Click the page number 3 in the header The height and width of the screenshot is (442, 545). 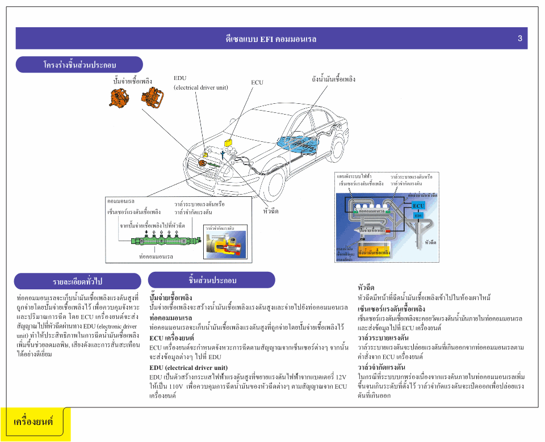[x=519, y=39]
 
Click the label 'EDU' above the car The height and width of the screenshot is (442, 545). [x=180, y=78]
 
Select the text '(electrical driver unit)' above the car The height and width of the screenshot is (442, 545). [x=201, y=87]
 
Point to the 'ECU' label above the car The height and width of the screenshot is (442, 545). [x=257, y=83]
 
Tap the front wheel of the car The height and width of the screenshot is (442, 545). [x=269, y=182]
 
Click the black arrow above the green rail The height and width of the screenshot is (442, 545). [x=146, y=233]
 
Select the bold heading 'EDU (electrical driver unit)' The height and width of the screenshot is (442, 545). [x=188, y=368]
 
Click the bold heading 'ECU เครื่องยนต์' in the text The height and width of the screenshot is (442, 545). [x=172, y=338]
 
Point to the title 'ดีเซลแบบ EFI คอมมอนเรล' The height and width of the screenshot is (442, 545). [x=271, y=39]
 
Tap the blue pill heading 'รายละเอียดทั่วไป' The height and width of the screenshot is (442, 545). [x=78, y=281]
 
